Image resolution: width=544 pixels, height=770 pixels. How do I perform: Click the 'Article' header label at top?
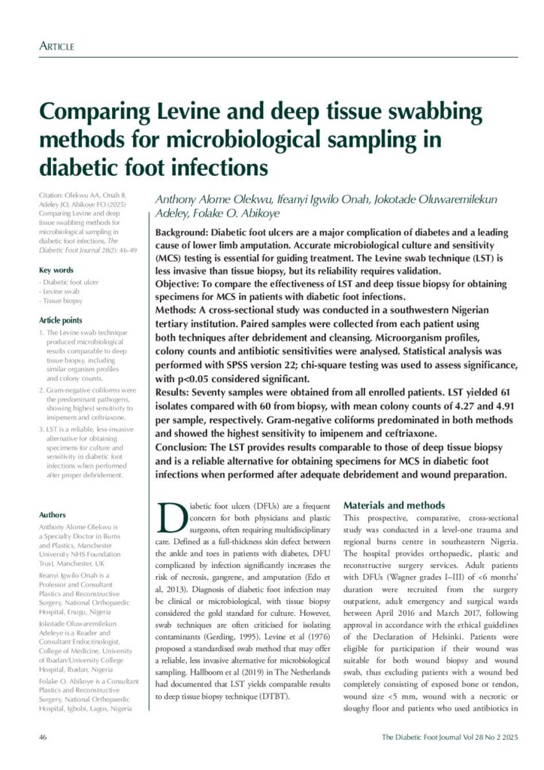(56, 47)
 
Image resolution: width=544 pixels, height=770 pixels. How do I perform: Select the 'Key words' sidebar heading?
(56, 270)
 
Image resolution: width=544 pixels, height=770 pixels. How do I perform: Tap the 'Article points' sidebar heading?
(62, 318)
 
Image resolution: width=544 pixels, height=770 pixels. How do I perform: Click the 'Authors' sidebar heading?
(53, 514)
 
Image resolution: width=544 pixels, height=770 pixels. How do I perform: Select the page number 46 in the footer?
(43, 737)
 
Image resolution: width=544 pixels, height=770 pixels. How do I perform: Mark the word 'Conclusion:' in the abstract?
(182, 447)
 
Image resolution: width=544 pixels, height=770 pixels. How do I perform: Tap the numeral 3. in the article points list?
(42, 429)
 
